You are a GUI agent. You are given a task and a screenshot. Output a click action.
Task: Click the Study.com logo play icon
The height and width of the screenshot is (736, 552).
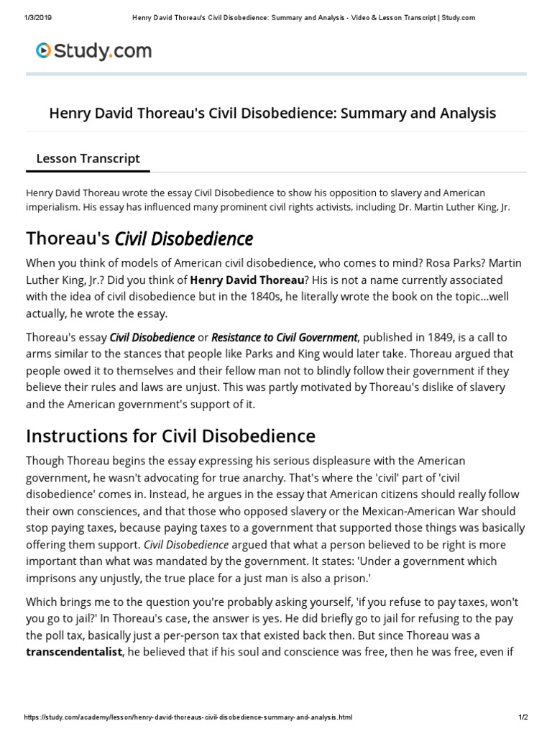(44, 50)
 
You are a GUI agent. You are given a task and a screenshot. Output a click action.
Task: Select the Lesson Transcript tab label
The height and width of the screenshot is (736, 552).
(88, 158)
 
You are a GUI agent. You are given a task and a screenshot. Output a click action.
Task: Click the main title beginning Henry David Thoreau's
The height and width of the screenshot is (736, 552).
(272, 113)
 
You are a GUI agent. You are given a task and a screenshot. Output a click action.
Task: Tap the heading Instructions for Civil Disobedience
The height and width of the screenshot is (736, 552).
(170, 436)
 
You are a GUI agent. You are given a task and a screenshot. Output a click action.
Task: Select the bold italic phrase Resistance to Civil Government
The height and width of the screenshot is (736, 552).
(285, 337)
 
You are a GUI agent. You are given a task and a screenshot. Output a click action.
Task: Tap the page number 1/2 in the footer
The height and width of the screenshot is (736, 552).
(523, 718)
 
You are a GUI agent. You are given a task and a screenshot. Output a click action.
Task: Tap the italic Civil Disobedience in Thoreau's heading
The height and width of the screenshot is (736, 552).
(184, 238)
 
